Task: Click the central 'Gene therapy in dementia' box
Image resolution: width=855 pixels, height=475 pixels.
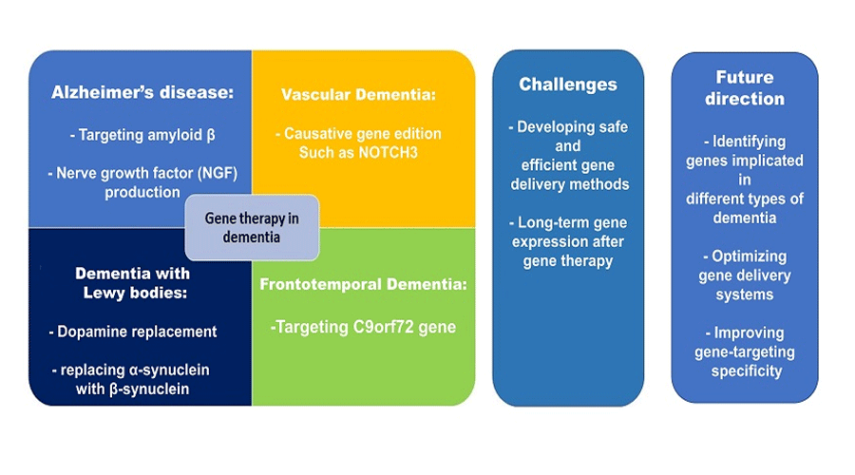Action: pyautogui.click(x=252, y=227)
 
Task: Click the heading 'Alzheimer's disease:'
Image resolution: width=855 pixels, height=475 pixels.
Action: pyautogui.click(x=142, y=93)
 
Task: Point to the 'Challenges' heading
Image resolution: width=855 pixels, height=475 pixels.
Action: pyautogui.click(x=567, y=85)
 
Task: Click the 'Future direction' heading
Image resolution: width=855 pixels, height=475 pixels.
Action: pyautogui.click(x=744, y=87)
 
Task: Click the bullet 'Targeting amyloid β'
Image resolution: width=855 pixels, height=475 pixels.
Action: pyautogui.click(x=142, y=134)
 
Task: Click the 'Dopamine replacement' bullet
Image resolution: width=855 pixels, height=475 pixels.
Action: pyautogui.click(x=133, y=332)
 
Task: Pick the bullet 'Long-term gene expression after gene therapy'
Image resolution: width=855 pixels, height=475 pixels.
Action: pyautogui.click(x=567, y=241)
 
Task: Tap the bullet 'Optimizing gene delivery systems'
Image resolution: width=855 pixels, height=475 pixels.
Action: pyautogui.click(x=744, y=275)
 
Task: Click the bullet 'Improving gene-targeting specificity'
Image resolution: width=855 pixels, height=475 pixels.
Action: pyautogui.click(x=744, y=351)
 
